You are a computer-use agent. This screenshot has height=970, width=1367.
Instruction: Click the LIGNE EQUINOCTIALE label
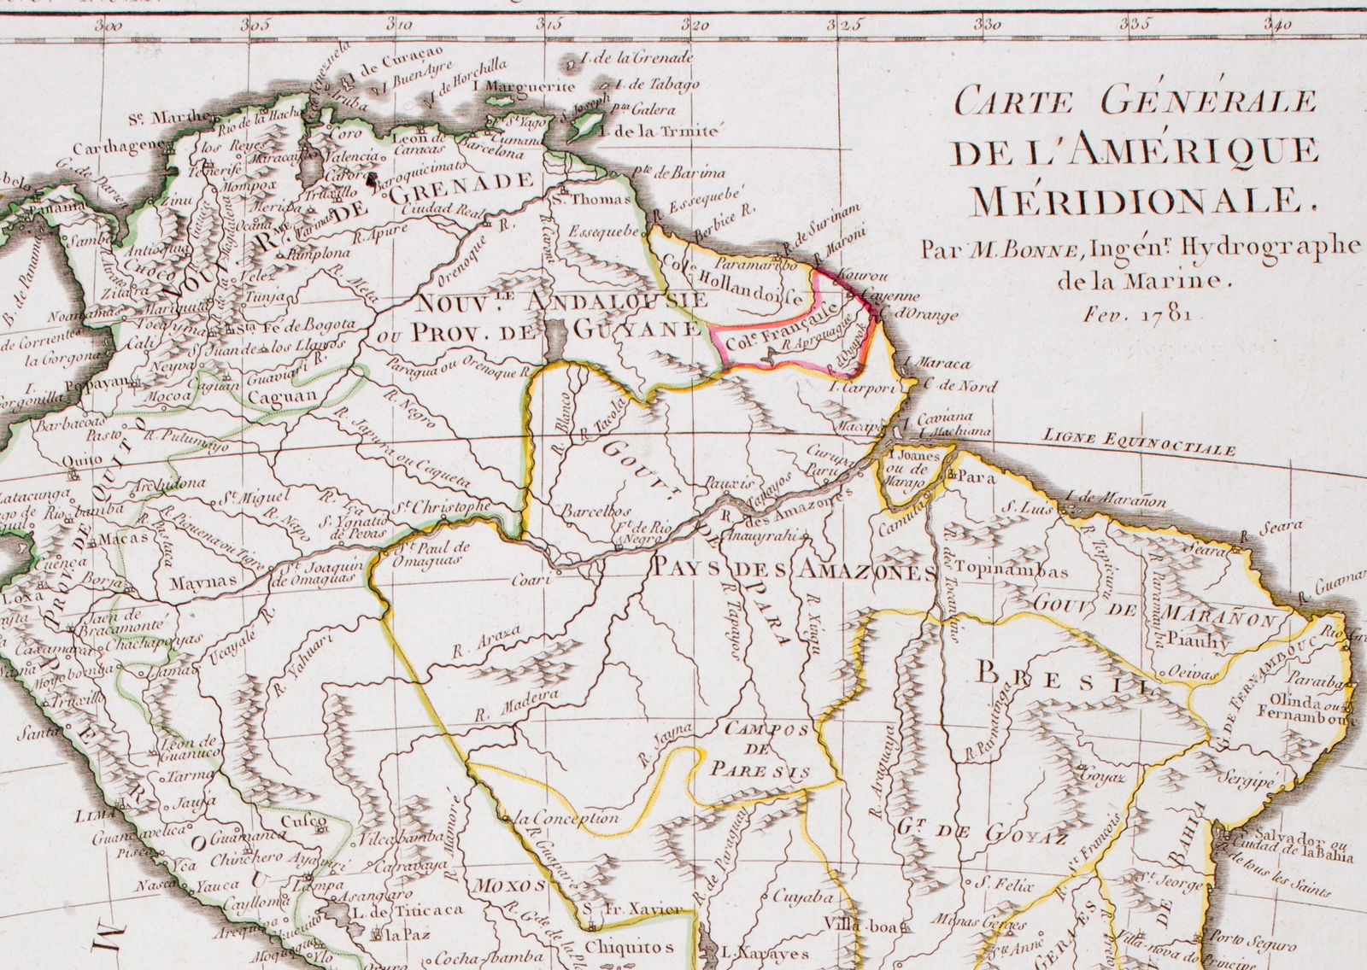click(1138, 442)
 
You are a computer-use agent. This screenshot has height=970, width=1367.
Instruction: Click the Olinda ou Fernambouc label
click(1305, 711)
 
